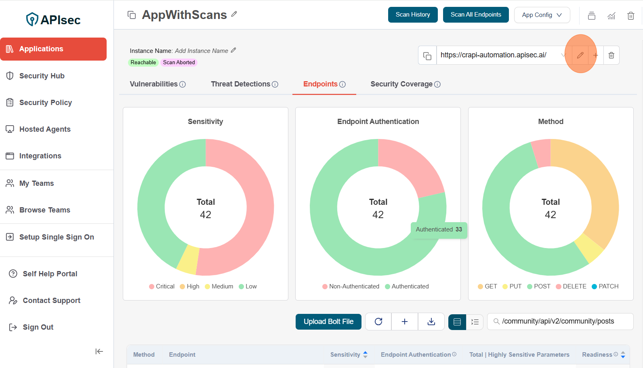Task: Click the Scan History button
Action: coord(412,15)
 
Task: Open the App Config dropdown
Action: coord(542,15)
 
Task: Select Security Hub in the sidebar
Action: coord(42,76)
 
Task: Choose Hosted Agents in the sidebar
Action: coord(45,129)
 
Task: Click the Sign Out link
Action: coord(38,327)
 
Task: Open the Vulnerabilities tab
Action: coord(157,84)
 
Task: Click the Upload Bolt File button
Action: coord(328,322)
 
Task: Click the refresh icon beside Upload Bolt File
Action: coord(378,322)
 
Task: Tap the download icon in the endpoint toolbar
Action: coord(431,322)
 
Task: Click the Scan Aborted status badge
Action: coord(179,63)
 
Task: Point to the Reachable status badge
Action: coord(143,63)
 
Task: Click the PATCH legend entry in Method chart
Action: coord(605,286)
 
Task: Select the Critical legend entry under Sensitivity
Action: coord(162,286)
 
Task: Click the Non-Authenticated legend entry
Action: coord(351,286)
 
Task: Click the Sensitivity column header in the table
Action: coord(345,355)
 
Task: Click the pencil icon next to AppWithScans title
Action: coord(234,14)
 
